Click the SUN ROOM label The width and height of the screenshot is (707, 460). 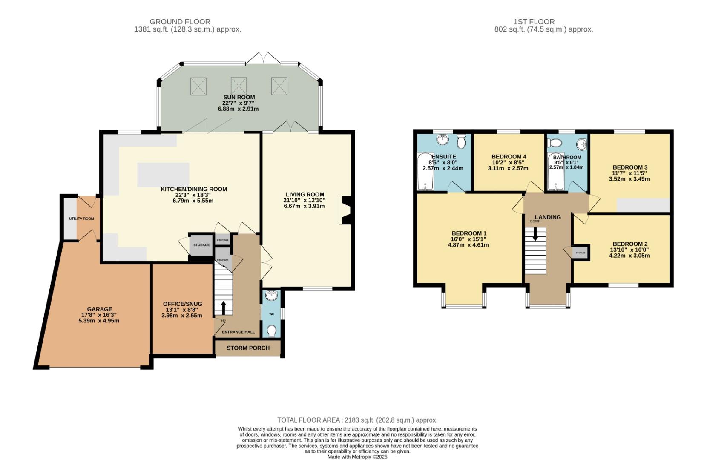click(239, 97)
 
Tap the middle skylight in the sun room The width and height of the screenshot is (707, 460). click(239, 86)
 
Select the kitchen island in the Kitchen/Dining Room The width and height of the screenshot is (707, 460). click(163, 175)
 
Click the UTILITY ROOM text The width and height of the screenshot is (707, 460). click(81, 218)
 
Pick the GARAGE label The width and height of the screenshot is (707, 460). click(99, 309)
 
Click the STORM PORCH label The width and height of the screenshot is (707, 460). click(248, 348)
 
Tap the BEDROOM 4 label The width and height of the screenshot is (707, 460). click(509, 156)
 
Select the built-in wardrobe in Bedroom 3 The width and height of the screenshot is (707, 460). click(643, 205)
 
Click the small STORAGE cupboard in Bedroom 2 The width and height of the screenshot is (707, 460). click(581, 253)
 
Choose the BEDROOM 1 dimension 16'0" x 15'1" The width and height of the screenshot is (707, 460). click(468, 239)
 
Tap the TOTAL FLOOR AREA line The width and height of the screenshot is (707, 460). click(357, 420)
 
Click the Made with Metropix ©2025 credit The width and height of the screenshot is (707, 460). click(357, 457)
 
